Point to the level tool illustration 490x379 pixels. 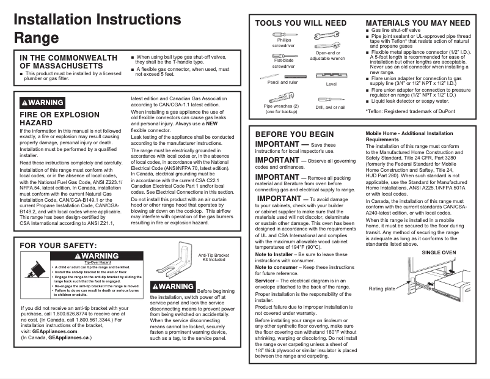(331, 76)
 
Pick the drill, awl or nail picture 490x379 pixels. (330, 99)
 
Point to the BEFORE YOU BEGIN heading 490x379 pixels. (294, 134)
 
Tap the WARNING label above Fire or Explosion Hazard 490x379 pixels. (42, 103)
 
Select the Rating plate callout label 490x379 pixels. (381, 289)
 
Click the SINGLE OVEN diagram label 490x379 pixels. (439, 252)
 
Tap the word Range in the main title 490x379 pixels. (36, 37)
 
